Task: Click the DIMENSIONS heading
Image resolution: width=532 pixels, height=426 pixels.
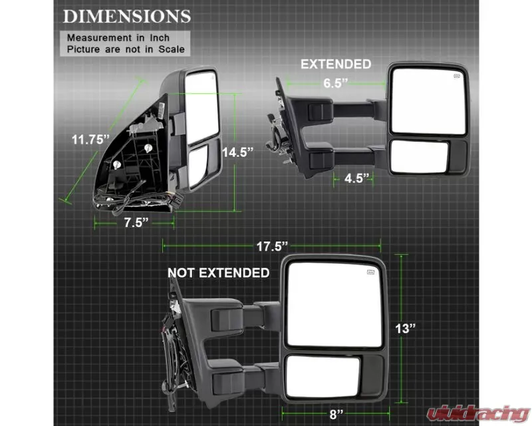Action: click(x=127, y=17)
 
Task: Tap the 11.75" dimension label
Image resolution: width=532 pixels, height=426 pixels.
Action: click(x=91, y=139)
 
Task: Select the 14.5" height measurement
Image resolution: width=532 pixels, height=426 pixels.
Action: click(x=238, y=152)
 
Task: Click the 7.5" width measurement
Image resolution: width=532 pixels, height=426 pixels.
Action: click(x=136, y=222)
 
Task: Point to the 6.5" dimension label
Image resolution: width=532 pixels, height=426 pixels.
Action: click(x=336, y=83)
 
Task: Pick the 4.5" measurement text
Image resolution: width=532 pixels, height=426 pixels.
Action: click(x=356, y=178)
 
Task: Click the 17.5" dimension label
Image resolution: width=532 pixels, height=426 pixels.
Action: click(x=272, y=246)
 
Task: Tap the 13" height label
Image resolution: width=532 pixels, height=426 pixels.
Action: click(x=406, y=329)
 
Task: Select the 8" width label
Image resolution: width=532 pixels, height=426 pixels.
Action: click(x=336, y=414)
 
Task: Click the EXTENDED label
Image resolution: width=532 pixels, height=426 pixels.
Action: click(x=336, y=64)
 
